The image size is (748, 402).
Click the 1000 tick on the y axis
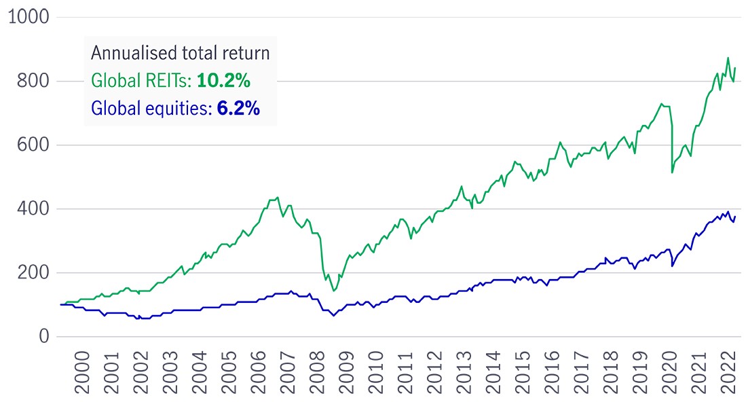point(26,17)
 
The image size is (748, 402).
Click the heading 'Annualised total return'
point(180,53)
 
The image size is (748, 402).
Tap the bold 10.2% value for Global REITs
point(224,81)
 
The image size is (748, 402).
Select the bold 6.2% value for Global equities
point(238,108)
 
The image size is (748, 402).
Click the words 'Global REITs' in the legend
point(141,81)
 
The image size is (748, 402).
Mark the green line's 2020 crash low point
point(672,172)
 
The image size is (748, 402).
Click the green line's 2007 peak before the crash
point(278,198)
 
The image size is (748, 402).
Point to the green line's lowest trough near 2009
point(333,291)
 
